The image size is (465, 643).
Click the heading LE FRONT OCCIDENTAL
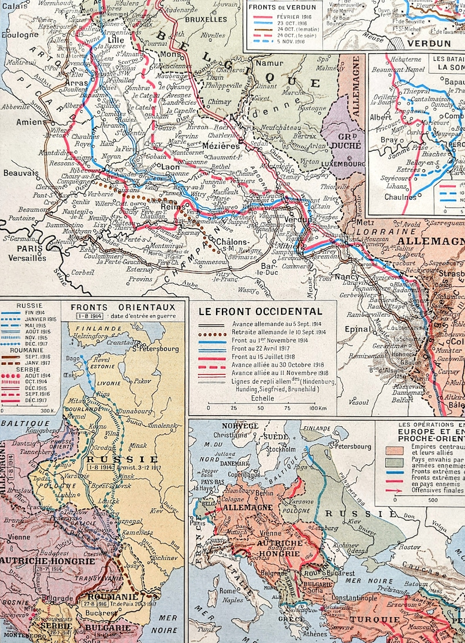click(x=261, y=312)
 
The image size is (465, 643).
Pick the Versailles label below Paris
click(x=26, y=258)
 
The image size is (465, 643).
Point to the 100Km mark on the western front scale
click(x=317, y=408)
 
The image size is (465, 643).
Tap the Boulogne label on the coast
click(x=19, y=35)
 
